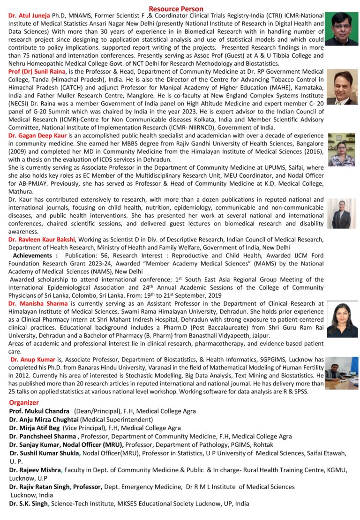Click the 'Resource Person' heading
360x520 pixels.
click(x=176, y=8)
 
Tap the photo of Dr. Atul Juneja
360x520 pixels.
click(x=341, y=29)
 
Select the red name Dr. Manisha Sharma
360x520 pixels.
click(x=38, y=303)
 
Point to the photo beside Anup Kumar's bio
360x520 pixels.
click(x=341, y=373)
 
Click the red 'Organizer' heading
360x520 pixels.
click(x=24, y=402)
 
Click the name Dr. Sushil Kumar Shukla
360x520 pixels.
click(x=45, y=453)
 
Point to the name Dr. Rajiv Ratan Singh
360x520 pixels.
click(x=40, y=487)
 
